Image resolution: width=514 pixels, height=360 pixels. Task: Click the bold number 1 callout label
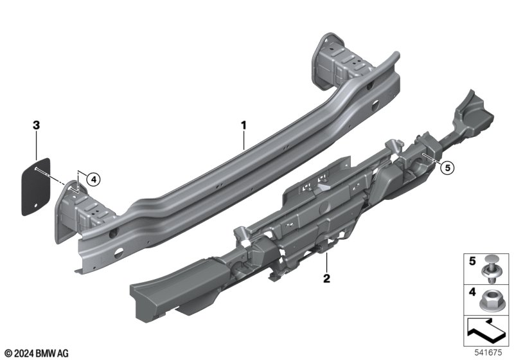(244, 125)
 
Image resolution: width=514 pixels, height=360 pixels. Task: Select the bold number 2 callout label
(326, 279)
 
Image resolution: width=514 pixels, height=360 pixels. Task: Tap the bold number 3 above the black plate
(36, 125)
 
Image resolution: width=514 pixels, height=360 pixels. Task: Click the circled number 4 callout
(94, 179)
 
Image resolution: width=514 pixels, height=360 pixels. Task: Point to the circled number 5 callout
(447, 168)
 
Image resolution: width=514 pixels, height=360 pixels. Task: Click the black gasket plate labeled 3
(36, 187)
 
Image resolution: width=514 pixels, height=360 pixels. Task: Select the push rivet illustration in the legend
(489, 269)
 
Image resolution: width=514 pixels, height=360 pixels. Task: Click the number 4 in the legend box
(472, 292)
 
